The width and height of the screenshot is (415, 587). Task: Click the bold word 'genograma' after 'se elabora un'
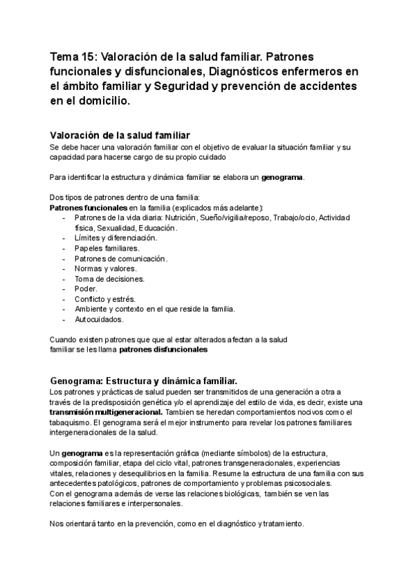[282, 177]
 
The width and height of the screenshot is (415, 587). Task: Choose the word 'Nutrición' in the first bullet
[176, 217]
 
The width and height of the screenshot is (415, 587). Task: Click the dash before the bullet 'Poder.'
[64, 289]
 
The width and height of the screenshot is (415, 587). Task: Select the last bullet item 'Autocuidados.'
[99, 319]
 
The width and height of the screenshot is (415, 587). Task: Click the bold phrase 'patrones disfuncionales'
[163, 350]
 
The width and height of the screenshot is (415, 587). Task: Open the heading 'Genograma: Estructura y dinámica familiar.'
[144, 381]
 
